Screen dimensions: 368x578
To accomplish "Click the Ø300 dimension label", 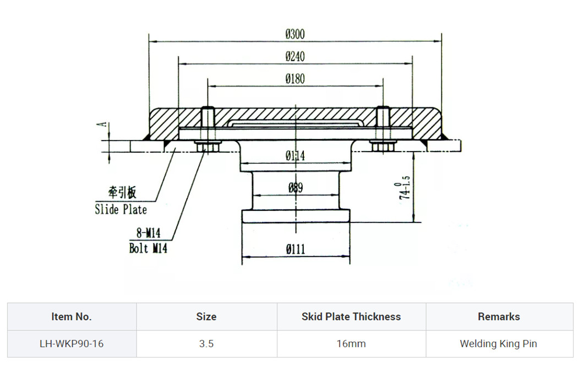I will coord(295,34).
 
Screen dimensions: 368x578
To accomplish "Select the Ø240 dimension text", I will coord(295,57).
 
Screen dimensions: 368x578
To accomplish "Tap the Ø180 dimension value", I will coord(295,79).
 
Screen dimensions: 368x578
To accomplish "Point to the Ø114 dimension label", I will coord(295,156).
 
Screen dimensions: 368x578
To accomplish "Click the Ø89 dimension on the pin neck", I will coord(295,188).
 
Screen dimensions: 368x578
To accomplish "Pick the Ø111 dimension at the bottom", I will coord(295,250).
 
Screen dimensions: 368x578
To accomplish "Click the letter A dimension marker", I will coord(101,125).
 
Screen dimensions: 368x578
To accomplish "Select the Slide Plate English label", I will coord(121,209).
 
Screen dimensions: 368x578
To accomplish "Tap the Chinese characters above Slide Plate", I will coord(122,192).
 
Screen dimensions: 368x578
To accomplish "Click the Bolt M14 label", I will coord(148,248).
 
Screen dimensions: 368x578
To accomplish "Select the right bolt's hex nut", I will coord(383,147).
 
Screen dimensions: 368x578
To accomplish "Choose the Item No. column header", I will coord(72,317).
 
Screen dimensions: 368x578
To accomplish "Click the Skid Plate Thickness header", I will coord(351,317).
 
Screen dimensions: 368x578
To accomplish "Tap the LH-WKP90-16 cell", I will coord(72,344).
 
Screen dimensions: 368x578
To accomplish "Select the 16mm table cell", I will coord(351,344).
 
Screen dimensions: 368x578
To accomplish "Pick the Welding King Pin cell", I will coord(498,344).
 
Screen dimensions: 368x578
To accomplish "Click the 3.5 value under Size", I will coord(206,344).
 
